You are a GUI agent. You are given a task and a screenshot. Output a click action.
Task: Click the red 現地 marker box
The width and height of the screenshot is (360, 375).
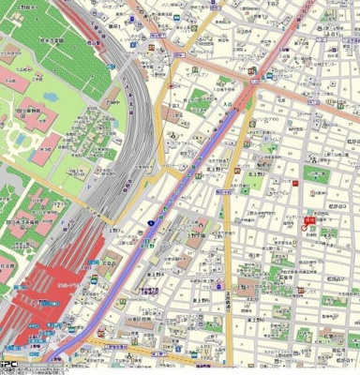click(x=308, y=217)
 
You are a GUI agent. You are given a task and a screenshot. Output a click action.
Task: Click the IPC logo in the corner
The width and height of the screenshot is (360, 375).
click(x=8, y=367)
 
